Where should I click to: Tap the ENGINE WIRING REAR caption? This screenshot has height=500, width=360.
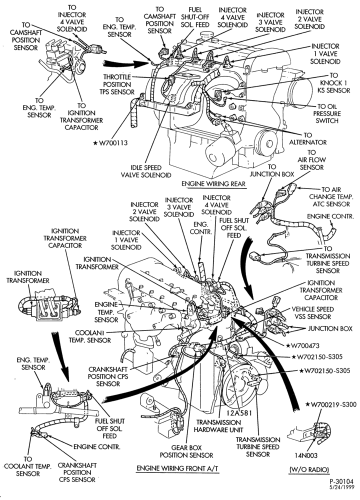(213, 184)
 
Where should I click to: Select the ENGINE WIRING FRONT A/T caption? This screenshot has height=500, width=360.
(178, 468)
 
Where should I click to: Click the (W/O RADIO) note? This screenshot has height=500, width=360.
(309, 469)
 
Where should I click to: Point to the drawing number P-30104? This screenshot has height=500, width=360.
(341, 481)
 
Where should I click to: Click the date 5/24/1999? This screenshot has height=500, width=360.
(341, 487)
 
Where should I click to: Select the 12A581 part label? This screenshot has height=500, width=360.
(239, 413)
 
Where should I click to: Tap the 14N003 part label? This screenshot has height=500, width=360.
(305, 455)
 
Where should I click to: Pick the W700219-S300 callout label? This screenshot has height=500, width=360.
(330, 404)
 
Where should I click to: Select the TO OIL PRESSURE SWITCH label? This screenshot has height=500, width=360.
(327, 113)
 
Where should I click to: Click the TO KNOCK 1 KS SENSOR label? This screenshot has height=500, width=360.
(333, 83)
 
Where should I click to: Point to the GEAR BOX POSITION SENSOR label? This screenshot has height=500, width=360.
(186, 451)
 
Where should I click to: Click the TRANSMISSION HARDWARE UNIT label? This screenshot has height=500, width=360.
(218, 426)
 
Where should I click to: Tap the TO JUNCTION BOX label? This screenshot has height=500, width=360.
(271, 170)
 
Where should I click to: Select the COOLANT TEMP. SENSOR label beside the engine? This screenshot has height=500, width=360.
(89, 336)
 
